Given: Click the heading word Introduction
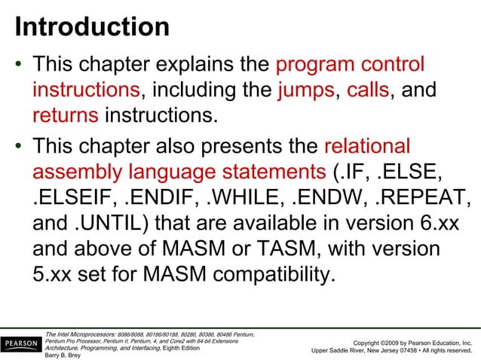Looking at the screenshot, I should click(92, 27).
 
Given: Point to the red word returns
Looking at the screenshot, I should click(66, 117).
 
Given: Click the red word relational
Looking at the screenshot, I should click(367, 145).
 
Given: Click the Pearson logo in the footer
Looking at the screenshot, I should click(21, 345).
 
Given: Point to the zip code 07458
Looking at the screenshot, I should click(406, 350).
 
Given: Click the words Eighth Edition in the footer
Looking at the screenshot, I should click(181, 348).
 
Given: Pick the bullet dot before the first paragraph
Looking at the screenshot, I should click(18, 66).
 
